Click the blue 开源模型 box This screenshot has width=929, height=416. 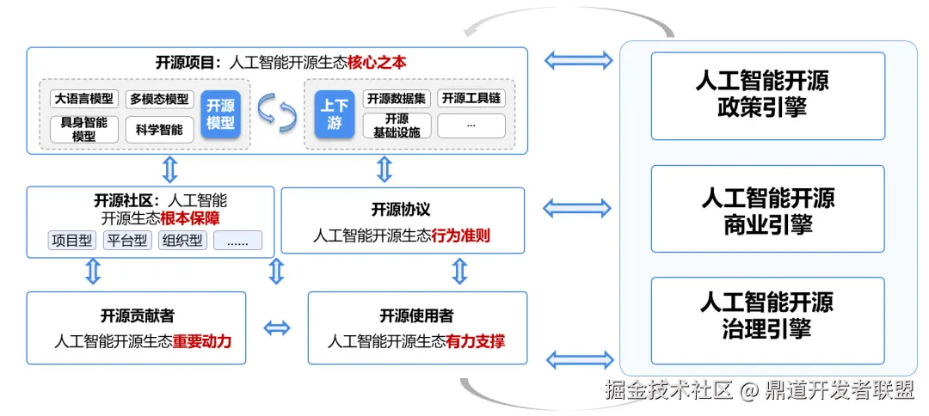[221, 114]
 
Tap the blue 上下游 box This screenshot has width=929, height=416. [335, 114]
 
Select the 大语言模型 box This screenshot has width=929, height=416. [84, 99]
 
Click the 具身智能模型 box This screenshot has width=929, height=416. [84, 129]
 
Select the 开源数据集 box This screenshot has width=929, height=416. [397, 98]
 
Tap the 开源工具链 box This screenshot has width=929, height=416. [471, 98]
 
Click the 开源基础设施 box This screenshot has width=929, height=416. [397, 125]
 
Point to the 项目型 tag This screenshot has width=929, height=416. [71, 241]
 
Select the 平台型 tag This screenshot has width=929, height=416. [127, 241]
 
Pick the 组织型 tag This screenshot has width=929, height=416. [182, 241]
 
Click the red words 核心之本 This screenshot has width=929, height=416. [377, 63]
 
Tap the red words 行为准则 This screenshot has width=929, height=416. [461, 235]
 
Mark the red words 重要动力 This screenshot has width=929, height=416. [202, 341]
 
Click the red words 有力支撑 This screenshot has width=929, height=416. [476, 341]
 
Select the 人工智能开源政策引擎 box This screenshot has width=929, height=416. [767, 95]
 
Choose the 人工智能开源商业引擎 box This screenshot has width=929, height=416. [767, 209]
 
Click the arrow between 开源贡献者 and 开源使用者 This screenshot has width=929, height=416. [277, 327]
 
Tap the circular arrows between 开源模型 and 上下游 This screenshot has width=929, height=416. [277, 113]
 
